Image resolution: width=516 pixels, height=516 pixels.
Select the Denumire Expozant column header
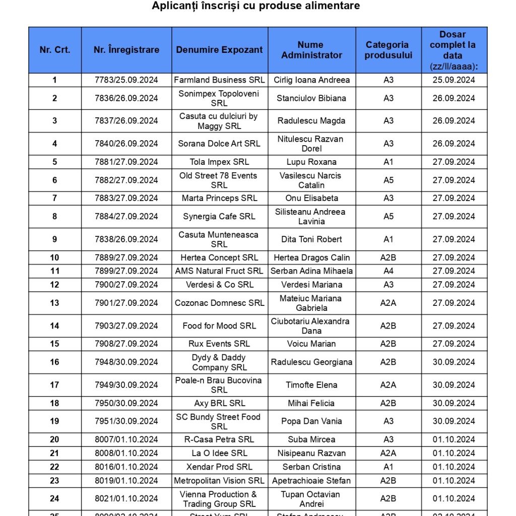click(219, 50)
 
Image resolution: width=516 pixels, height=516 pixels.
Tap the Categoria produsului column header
click(388, 50)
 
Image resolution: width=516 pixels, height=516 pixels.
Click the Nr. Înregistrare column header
click(126, 50)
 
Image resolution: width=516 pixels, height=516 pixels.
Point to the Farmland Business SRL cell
click(219, 80)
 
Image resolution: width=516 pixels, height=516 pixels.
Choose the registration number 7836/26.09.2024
click(126, 98)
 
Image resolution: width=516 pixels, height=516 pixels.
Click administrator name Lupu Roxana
click(311, 162)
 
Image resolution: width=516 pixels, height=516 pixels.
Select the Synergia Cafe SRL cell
click(219, 217)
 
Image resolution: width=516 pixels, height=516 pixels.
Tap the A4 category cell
click(388, 271)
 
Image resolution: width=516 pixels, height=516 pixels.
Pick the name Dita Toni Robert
click(311, 239)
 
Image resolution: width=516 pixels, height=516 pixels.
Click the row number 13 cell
click(54, 303)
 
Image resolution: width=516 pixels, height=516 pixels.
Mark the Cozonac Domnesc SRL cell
click(219, 303)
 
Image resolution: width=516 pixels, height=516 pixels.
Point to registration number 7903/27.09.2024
click(126, 326)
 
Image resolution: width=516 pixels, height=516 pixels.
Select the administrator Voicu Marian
click(311, 344)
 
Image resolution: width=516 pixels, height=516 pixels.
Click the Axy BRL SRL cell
click(219, 403)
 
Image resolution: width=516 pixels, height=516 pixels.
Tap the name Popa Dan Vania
click(311, 421)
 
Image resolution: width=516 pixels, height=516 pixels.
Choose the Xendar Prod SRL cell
click(219, 467)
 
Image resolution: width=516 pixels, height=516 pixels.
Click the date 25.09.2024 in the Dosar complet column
click(454, 80)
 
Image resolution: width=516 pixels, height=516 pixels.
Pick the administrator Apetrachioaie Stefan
click(311, 480)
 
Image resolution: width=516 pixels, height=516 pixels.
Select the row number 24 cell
click(54, 498)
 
